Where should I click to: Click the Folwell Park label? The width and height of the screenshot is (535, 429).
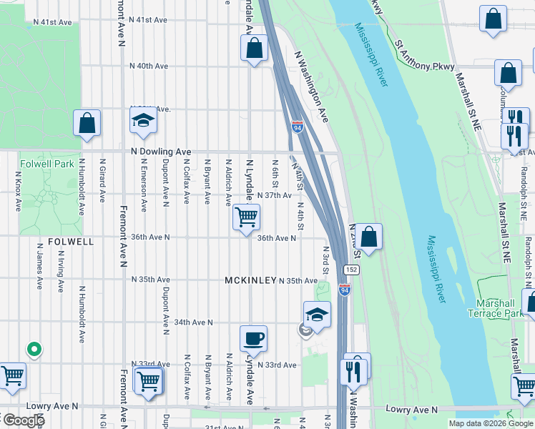47,164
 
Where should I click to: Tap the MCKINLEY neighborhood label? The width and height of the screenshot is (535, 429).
250,280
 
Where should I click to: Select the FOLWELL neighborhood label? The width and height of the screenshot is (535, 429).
71,242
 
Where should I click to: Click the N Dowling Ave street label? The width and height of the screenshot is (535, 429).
161,152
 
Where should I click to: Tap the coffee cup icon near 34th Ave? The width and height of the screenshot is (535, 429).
253,337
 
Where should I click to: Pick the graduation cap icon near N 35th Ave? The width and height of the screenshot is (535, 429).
317,314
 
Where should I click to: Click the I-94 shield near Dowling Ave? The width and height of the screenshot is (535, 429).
298,127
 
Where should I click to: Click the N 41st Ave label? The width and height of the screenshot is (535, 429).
52,22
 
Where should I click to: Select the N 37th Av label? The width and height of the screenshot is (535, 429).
273,195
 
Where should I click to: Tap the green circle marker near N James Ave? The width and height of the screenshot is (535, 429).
33,350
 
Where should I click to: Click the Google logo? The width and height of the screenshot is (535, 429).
23,420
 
